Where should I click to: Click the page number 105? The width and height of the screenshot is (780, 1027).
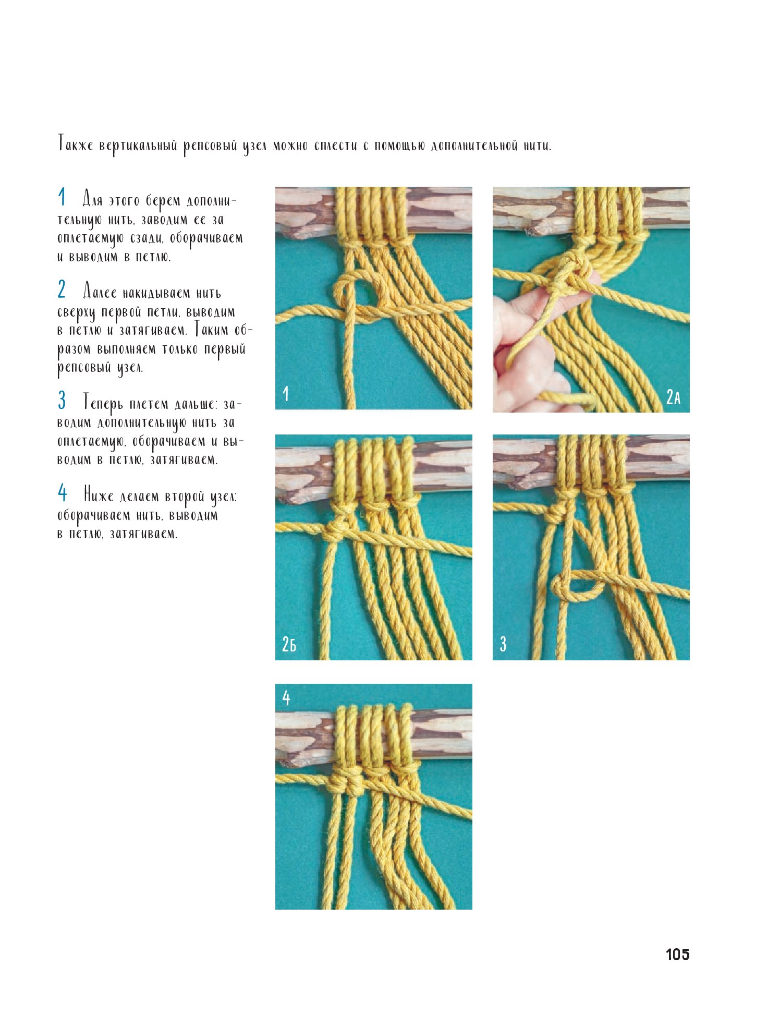coord(677,954)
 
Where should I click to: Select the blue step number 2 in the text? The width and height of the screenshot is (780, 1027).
coord(62,289)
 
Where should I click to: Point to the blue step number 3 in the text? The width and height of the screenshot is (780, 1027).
coord(62,400)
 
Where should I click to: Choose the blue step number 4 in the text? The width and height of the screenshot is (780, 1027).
coord(63,492)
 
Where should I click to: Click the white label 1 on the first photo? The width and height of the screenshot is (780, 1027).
coord(286,393)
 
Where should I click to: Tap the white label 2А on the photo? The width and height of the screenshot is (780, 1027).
coord(673,397)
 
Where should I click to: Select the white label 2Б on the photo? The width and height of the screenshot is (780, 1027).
coord(289,644)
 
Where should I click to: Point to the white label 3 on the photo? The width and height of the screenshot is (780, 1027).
coord(503,644)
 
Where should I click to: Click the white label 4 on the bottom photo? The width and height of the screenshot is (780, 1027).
coord(286,697)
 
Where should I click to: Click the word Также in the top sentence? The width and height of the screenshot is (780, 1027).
coord(76,144)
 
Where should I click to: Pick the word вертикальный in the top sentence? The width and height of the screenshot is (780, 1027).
coord(139,146)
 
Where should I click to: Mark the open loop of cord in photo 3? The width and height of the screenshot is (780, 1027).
coord(576,588)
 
